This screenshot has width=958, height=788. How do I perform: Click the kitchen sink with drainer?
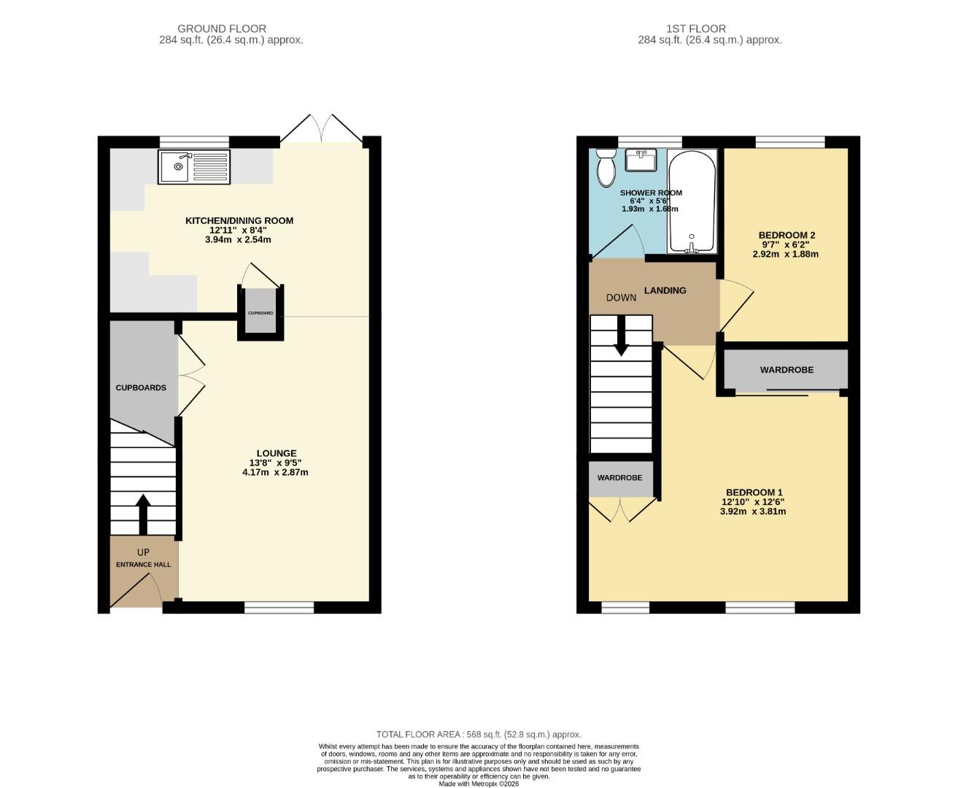[194, 166]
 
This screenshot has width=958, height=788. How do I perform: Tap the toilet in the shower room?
[606, 169]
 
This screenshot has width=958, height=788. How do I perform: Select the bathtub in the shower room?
[691, 201]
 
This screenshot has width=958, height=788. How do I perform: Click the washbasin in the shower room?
[641, 160]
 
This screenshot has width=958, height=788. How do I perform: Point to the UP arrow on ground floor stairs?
[143, 514]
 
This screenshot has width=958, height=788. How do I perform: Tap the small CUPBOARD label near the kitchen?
[260, 313]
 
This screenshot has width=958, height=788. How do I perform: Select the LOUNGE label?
[276, 453]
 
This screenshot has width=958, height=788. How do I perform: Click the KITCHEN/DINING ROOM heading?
[239, 220]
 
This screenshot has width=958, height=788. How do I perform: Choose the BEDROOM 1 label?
[753, 492]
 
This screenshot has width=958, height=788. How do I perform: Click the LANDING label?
[665, 290]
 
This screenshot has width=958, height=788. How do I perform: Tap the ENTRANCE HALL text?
[144, 564]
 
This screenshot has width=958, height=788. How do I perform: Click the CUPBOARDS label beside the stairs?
[141, 387]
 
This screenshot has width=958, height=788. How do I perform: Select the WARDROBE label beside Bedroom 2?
[787, 370]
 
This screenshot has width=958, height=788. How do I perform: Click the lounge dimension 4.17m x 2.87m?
[276, 472]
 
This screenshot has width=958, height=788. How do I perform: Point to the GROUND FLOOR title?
[222, 28]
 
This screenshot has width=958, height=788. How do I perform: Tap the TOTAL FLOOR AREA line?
[479, 734]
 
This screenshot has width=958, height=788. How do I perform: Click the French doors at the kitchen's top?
[322, 130]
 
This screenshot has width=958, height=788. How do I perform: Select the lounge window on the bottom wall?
[279, 607]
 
